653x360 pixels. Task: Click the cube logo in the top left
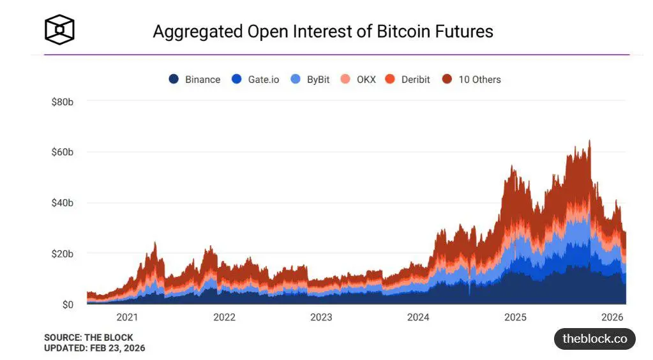pyautogui.click(x=59, y=29)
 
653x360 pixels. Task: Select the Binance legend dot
pyautogui.click(x=174, y=80)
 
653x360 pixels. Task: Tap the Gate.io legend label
pyautogui.click(x=264, y=80)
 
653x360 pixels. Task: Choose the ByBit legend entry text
pyautogui.click(x=318, y=80)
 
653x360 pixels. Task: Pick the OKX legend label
pyautogui.click(x=366, y=80)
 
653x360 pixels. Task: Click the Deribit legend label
pyautogui.click(x=416, y=80)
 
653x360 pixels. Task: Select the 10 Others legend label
pyautogui.click(x=479, y=80)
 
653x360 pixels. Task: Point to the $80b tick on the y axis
pyautogui.click(x=63, y=101)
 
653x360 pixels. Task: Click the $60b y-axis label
pyautogui.click(x=63, y=152)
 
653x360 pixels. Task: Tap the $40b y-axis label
pyautogui.click(x=63, y=203)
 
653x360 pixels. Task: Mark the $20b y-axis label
pyautogui.click(x=63, y=253)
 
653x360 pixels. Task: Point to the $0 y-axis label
pyautogui.click(x=67, y=304)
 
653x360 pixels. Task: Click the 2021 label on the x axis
pyautogui.click(x=127, y=317)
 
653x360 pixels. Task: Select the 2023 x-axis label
pyautogui.click(x=321, y=317)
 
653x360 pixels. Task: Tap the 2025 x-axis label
pyautogui.click(x=515, y=317)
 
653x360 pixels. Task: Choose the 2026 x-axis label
pyautogui.click(x=612, y=317)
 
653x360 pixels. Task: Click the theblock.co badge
pyautogui.click(x=594, y=339)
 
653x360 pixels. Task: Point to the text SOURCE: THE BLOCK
pyautogui.click(x=89, y=338)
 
